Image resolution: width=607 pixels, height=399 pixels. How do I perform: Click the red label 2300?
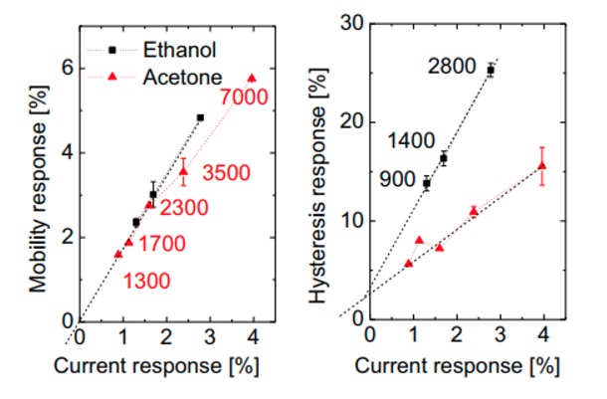click(x=185, y=210)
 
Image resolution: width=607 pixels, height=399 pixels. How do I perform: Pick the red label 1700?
click(x=164, y=242)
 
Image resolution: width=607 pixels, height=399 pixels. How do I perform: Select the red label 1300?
click(x=146, y=282)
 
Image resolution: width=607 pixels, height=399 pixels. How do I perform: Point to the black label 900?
click(x=396, y=181)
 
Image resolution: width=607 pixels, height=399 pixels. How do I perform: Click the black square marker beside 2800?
click(x=491, y=71)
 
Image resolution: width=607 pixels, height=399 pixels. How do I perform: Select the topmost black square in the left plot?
click(x=200, y=117)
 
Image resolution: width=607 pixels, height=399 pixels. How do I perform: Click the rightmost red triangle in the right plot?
click(x=541, y=166)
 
